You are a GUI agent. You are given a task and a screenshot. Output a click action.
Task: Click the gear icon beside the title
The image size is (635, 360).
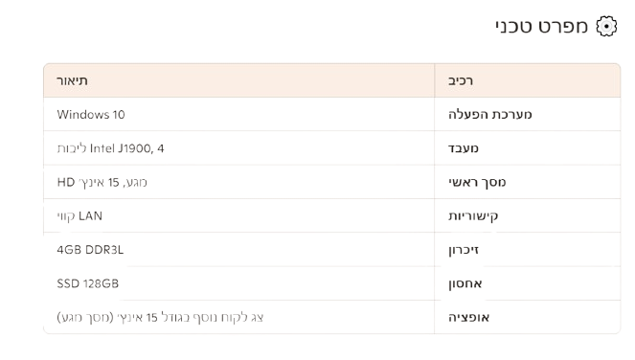click(x=606, y=26)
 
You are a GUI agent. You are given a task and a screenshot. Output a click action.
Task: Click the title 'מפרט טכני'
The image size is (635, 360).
click(x=541, y=26)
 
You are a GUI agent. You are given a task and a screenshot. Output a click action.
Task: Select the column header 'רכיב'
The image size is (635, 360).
click(x=461, y=80)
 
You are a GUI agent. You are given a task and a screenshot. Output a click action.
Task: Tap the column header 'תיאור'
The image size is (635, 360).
click(x=72, y=80)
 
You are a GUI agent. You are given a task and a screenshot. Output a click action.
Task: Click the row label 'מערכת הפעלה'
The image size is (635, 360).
click(x=490, y=114)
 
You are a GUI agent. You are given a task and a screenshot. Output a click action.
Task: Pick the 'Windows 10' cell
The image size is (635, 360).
click(x=91, y=115)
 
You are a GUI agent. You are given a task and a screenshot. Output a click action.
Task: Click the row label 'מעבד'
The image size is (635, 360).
click(x=464, y=148)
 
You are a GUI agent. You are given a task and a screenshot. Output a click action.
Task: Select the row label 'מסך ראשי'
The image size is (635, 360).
click(x=477, y=182)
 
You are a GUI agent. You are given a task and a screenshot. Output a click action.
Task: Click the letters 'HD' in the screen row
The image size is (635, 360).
click(x=66, y=182)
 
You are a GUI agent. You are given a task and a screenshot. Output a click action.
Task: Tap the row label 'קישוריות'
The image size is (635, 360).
click(x=473, y=215)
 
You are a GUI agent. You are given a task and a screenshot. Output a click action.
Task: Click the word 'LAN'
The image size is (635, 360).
click(x=90, y=215)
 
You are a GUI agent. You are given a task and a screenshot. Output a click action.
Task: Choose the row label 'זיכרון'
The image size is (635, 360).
click(x=464, y=250)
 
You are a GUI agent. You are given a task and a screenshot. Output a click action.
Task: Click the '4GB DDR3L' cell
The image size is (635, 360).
click(x=90, y=250)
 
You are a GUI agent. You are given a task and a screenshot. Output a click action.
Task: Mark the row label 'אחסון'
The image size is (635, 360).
click(x=465, y=283)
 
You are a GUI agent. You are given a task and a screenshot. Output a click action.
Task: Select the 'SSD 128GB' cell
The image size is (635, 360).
click(x=87, y=283)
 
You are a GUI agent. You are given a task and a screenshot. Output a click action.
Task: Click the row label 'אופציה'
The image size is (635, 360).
click(x=468, y=317)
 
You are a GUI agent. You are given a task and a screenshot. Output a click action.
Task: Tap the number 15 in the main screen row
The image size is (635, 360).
click(x=113, y=183)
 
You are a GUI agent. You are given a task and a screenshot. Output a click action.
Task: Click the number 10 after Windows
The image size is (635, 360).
click(x=119, y=115)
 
